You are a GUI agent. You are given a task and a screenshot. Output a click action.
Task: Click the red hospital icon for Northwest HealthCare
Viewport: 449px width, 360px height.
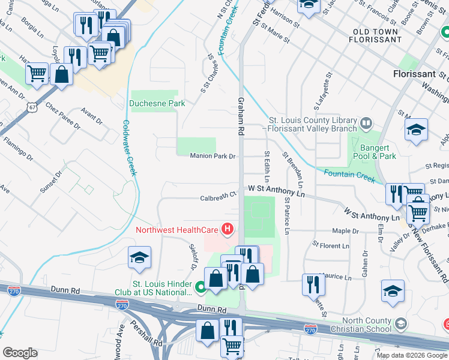228,229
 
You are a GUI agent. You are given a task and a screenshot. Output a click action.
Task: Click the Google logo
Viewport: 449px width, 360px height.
20,353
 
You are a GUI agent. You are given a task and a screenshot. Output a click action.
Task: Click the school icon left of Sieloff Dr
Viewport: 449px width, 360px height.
139,257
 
